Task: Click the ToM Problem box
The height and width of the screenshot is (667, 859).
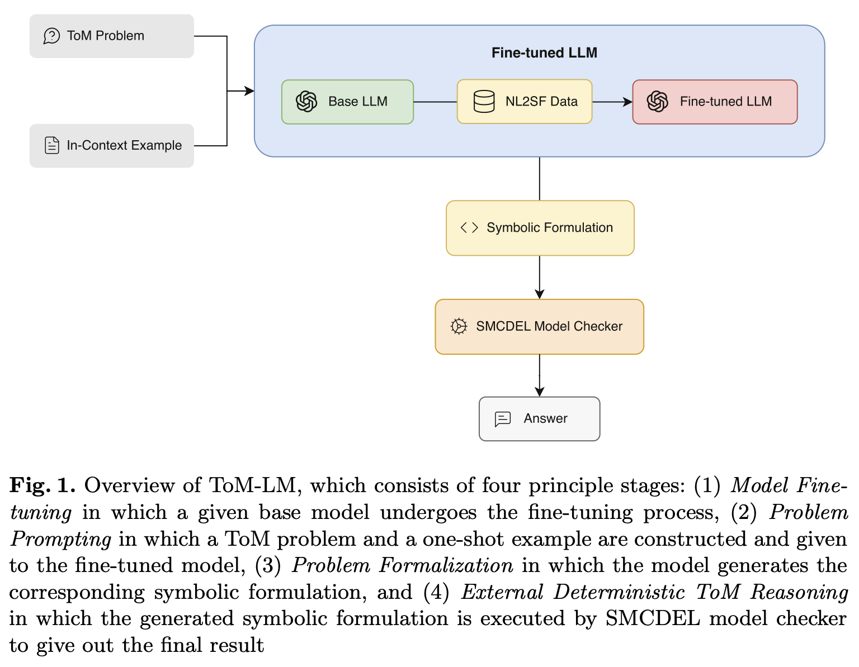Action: tap(111, 36)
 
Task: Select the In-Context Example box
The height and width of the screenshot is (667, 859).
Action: tap(111, 146)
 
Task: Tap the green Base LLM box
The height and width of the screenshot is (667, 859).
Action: tap(347, 102)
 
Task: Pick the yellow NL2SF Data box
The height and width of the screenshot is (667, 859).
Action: tap(525, 102)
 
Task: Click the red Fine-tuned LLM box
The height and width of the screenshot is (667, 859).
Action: tap(715, 102)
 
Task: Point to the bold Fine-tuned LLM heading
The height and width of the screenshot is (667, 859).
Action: tap(544, 53)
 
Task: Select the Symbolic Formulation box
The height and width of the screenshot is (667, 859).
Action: tap(540, 228)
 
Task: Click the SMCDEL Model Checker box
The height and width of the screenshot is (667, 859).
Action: tap(539, 327)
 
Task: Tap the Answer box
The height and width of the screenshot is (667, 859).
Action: tap(539, 419)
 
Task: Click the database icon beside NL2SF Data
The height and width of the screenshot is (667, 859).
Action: tap(484, 102)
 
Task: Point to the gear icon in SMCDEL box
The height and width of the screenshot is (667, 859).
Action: tap(459, 327)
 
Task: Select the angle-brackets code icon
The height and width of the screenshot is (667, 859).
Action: tap(469, 228)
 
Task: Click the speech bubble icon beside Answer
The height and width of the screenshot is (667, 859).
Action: tap(503, 419)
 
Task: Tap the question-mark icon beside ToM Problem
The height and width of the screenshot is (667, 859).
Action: tap(51, 36)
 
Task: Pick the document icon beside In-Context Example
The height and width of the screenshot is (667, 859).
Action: tap(52, 146)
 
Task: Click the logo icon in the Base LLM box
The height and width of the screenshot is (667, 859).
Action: tap(306, 102)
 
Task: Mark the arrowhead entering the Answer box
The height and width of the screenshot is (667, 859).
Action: tap(539, 392)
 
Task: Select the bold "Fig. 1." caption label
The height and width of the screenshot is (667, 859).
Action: tap(42, 485)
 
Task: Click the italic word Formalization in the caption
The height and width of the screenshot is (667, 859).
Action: tap(446, 565)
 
